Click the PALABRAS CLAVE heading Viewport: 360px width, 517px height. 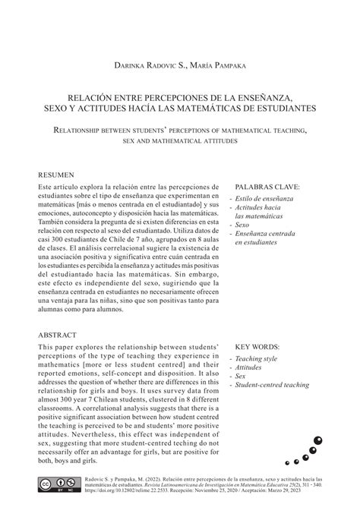[267, 186]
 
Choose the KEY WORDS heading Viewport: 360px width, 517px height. [261, 345]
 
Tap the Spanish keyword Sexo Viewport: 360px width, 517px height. [243, 225]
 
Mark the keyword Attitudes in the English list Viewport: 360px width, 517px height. [251, 367]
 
